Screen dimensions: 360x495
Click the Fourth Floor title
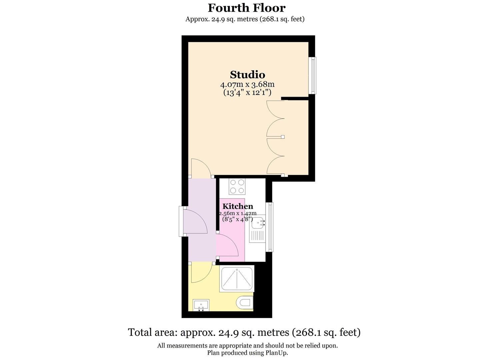point(247,8)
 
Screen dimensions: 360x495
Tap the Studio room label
point(247,74)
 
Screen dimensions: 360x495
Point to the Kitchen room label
point(238,206)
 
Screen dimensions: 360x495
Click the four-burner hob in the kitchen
point(237,187)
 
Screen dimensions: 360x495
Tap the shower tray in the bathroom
point(236,278)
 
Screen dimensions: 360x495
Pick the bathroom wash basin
point(201,305)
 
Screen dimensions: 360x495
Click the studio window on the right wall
point(313,75)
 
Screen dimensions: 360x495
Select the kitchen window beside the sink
point(269,227)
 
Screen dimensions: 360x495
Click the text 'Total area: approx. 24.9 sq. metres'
point(208,332)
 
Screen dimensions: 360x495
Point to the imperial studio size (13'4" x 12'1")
point(247,92)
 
